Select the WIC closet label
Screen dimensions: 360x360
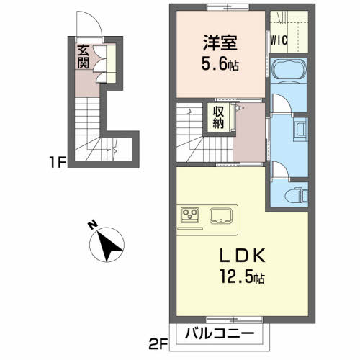[279, 40]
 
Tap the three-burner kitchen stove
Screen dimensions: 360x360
[190, 215]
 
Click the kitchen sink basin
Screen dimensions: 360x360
[220, 215]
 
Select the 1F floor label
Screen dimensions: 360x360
[57, 163]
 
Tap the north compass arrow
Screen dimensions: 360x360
[108, 246]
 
